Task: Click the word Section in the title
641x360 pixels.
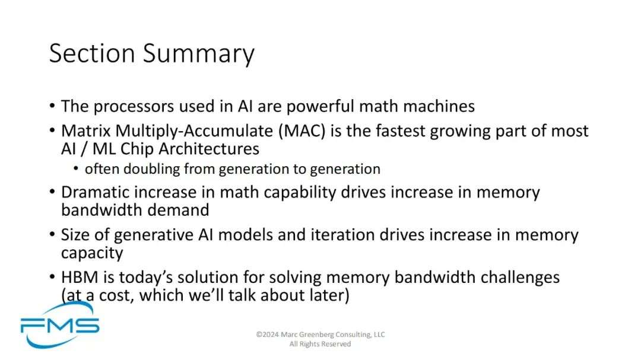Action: [x=92, y=53]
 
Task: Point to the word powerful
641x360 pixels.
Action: [x=320, y=106]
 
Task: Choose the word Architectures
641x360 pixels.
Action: [x=209, y=149]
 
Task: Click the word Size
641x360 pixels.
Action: [x=75, y=235]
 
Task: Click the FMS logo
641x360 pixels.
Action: [x=60, y=326]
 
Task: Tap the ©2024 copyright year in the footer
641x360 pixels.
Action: [x=268, y=334]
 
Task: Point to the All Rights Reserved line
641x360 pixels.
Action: [x=320, y=344]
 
